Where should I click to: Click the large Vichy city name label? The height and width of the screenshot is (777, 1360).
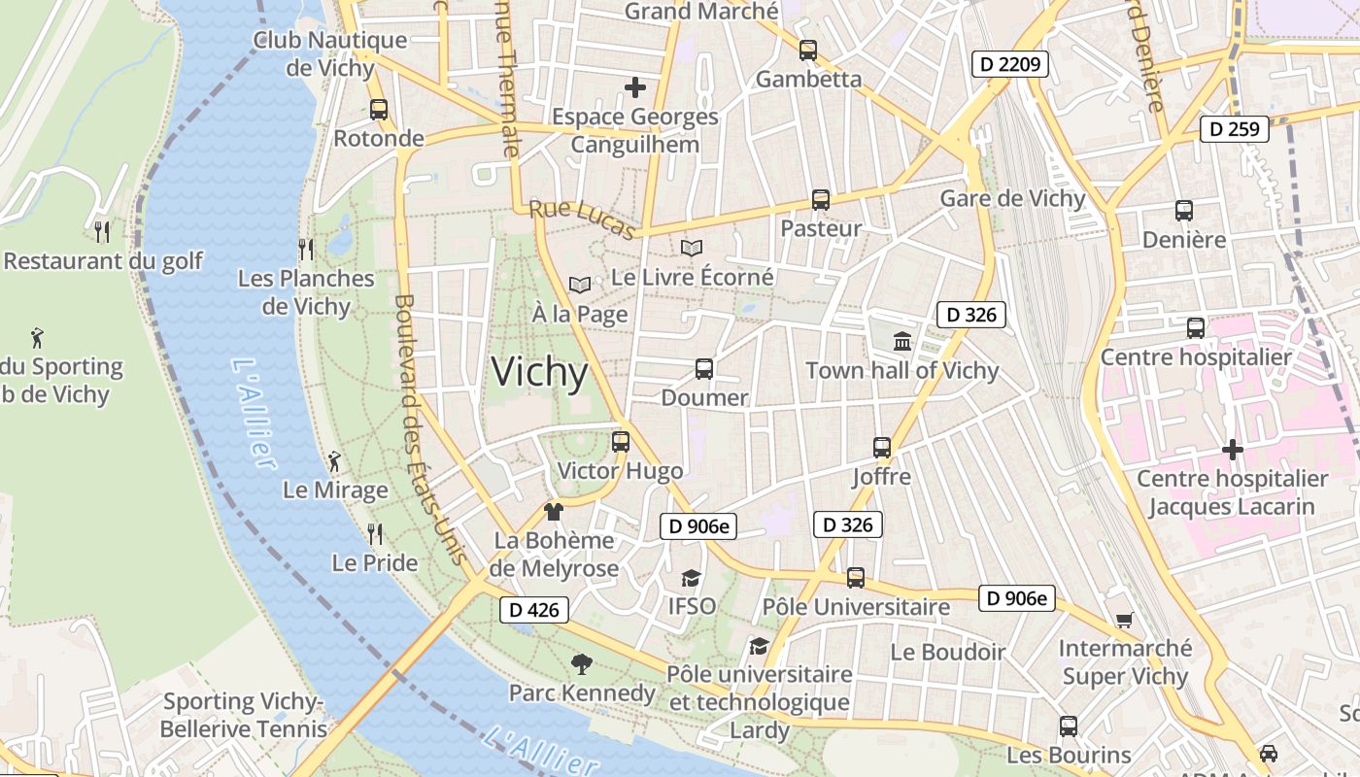pyautogui.click(x=539, y=373)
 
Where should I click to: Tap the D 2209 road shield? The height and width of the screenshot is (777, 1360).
pyautogui.click(x=1009, y=65)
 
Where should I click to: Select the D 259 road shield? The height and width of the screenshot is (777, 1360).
pyautogui.click(x=1235, y=128)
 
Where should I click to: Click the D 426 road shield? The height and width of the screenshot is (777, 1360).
pyautogui.click(x=533, y=610)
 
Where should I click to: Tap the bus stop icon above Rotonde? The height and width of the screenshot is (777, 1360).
pyautogui.click(x=379, y=110)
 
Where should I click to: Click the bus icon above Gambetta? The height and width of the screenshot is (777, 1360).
pyautogui.click(x=808, y=51)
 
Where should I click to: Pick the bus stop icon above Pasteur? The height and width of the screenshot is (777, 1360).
pyautogui.click(x=821, y=200)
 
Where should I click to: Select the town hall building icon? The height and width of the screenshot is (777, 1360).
pyautogui.click(x=902, y=341)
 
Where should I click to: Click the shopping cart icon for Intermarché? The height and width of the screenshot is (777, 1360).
pyautogui.click(x=1125, y=620)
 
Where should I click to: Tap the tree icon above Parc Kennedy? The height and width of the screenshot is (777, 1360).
pyautogui.click(x=582, y=664)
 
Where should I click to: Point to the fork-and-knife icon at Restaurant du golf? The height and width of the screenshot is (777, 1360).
pyautogui.click(x=102, y=231)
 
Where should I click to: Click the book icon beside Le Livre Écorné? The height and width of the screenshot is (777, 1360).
pyautogui.click(x=691, y=249)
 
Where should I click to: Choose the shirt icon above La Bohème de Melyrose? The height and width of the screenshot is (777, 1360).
pyautogui.click(x=554, y=512)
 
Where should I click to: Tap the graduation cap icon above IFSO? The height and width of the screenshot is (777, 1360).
pyautogui.click(x=691, y=578)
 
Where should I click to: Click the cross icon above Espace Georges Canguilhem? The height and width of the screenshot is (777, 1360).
pyautogui.click(x=635, y=87)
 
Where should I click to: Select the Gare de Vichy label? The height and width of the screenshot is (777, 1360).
pyautogui.click(x=1012, y=198)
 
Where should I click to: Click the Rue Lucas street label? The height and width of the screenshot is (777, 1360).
pyautogui.click(x=582, y=220)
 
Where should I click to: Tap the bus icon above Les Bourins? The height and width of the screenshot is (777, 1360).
pyautogui.click(x=1069, y=726)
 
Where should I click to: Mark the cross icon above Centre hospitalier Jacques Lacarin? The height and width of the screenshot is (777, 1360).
pyautogui.click(x=1233, y=450)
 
